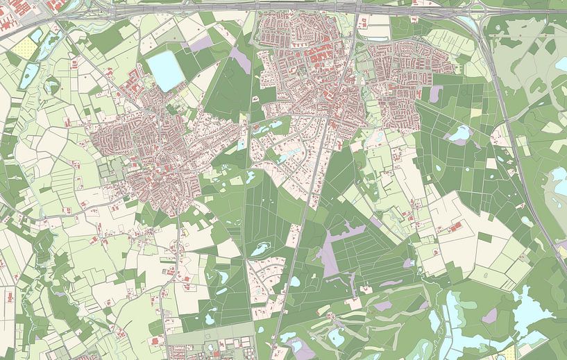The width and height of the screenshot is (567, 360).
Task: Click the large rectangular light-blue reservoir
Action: point(164,71)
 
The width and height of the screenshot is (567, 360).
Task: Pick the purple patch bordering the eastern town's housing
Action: point(436,94)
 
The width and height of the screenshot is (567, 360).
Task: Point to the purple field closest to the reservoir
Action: point(201,43)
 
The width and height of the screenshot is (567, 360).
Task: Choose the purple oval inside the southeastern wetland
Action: point(490,316)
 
